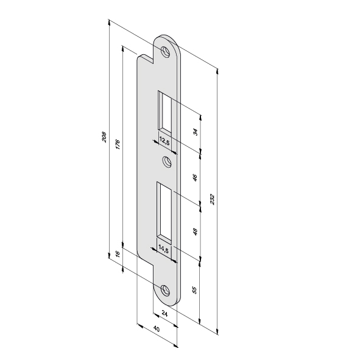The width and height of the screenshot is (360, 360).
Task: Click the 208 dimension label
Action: pos(104,137)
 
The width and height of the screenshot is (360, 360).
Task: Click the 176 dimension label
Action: pos(118,144)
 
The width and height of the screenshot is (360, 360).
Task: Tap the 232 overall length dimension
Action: pos(213,199)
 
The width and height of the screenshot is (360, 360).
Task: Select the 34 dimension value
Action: pos(196,132)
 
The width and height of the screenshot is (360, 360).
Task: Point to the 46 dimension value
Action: pos(195,177)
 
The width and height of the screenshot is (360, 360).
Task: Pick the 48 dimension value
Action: pos(195,231)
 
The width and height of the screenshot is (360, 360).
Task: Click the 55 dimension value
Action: pos(194,290)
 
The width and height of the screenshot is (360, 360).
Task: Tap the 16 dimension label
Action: pos(118,254)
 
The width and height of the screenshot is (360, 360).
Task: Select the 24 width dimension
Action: pos(164,313)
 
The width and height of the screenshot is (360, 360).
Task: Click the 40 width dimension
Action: pos(157,329)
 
